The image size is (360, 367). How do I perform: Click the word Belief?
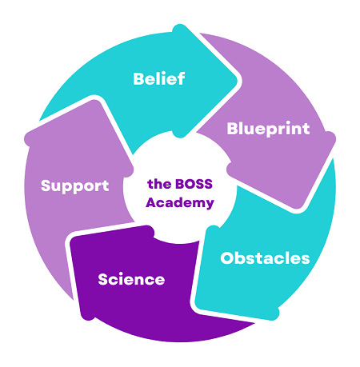tap(159, 78)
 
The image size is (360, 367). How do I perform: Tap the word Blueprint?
tap(268, 130)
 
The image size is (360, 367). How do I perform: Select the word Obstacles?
tap(265, 258)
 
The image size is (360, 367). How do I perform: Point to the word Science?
tap(131, 279)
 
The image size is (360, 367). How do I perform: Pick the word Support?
tap(75, 185)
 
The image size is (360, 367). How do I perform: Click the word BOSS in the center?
tap(194, 184)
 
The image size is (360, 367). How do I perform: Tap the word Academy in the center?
tap(180, 203)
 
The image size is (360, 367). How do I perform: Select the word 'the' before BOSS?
tap(159, 184)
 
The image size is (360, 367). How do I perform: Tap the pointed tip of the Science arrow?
tap(70, 239)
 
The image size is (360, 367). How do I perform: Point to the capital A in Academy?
tap(151, 202)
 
